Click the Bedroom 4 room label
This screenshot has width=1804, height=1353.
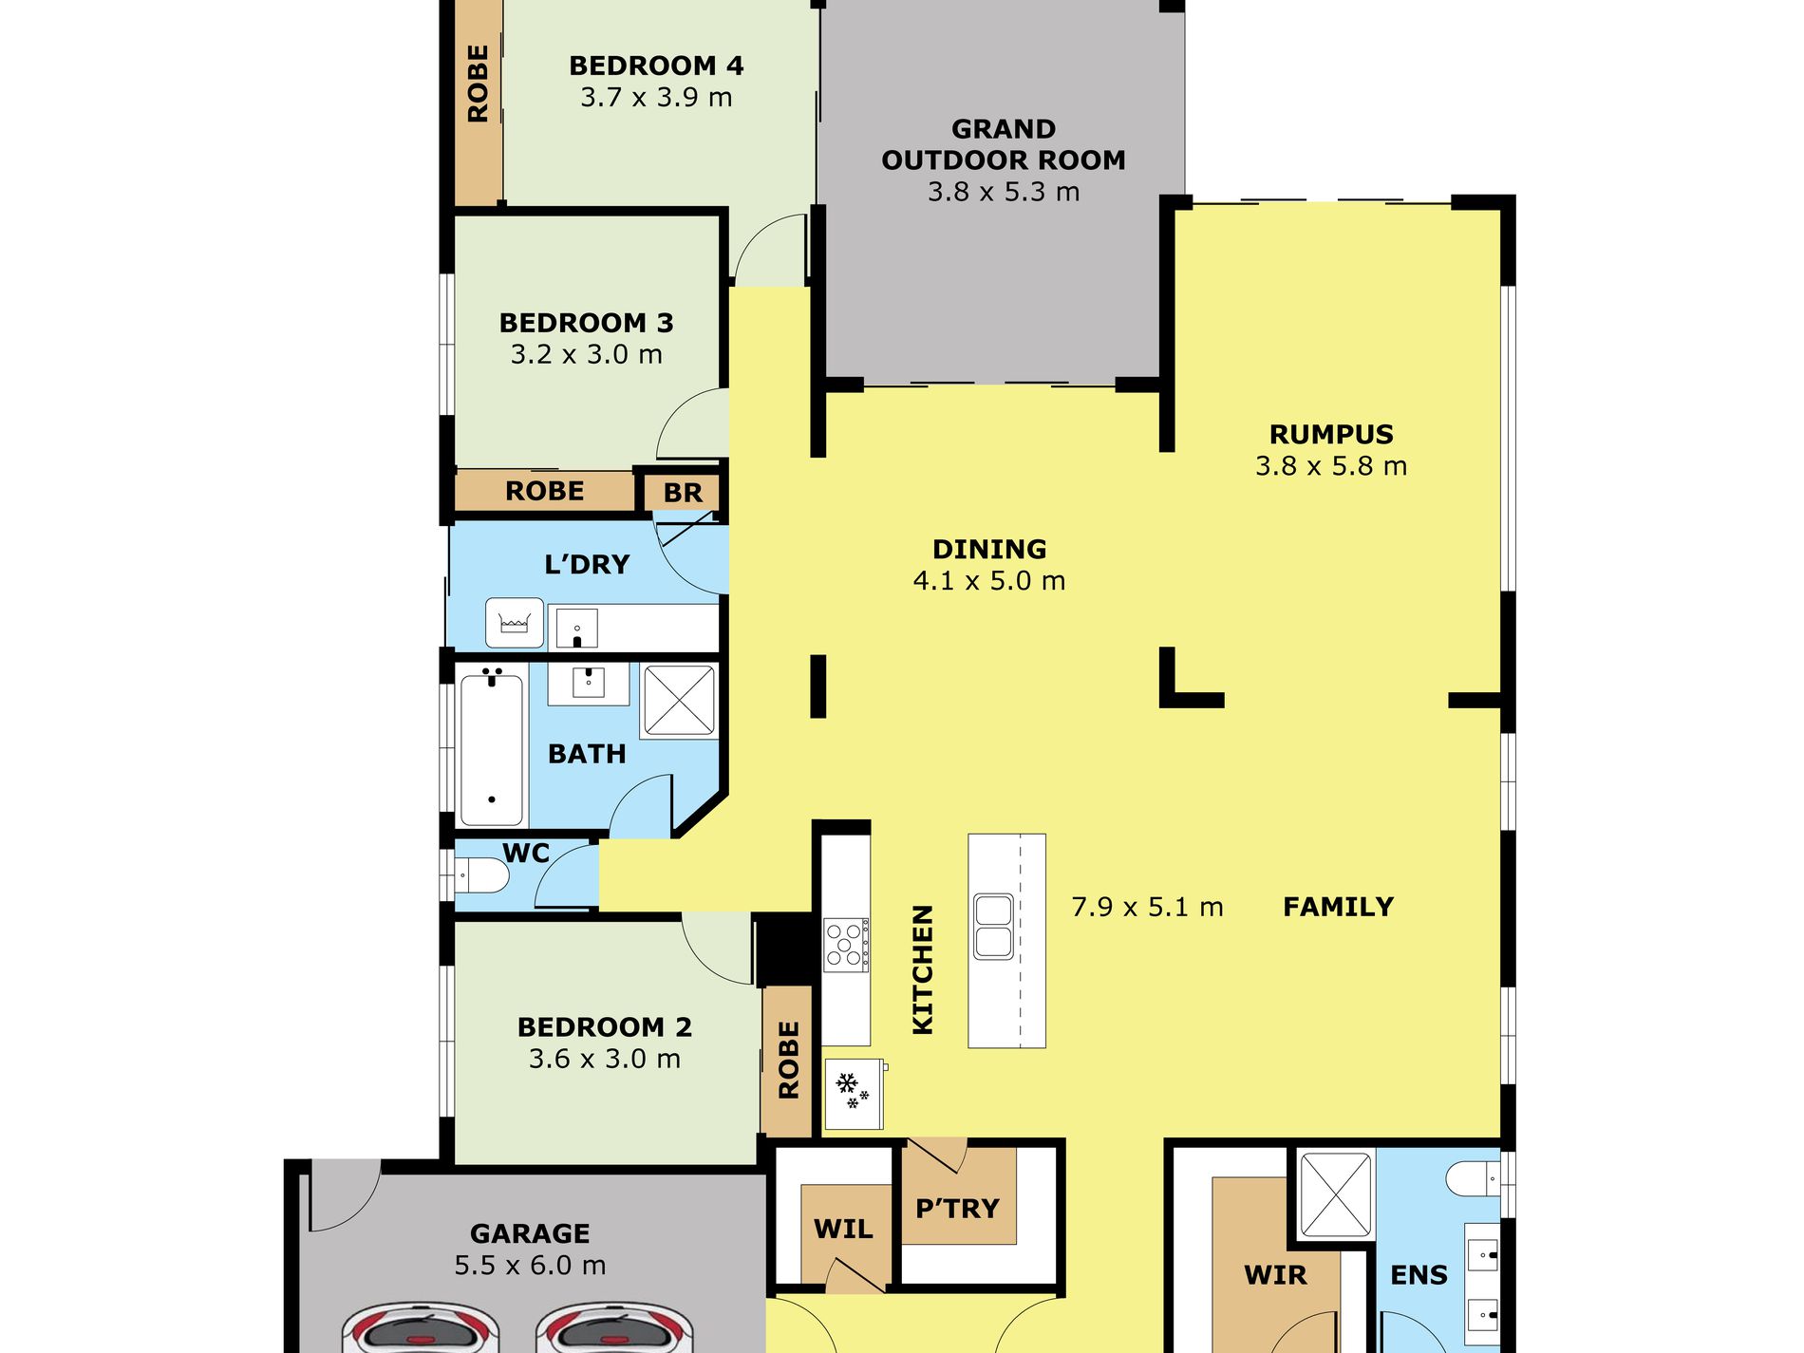coord(656,66)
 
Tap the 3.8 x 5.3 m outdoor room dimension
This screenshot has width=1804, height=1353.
coord(1004,192)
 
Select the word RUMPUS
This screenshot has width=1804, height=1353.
coord(1331,434)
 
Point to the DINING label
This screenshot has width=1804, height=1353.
coord(989,549)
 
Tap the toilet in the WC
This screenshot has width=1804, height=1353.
coord(481,874)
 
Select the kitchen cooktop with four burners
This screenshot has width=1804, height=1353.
coord(846,944)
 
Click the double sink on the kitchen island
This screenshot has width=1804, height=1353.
coord(993,926)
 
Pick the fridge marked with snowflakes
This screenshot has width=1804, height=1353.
coord(854,1093)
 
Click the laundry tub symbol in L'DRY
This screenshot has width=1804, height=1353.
coord(515,623)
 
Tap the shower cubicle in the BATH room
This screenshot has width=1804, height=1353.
coord(679,701)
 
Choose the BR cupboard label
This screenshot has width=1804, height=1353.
coord(683,493)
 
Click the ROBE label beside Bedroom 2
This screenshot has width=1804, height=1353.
coord(788,1060)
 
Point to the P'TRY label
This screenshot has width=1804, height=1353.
coord(957,1209)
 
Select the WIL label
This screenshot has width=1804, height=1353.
coord(843,1230)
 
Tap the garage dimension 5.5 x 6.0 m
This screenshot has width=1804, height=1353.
coord(530,1265)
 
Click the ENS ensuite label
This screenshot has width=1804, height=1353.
coord(1419,1275)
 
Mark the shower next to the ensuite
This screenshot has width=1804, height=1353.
coord(1336,1194)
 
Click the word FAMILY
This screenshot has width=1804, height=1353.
coord(1338,907)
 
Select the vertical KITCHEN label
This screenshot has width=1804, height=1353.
coord(923,969)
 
